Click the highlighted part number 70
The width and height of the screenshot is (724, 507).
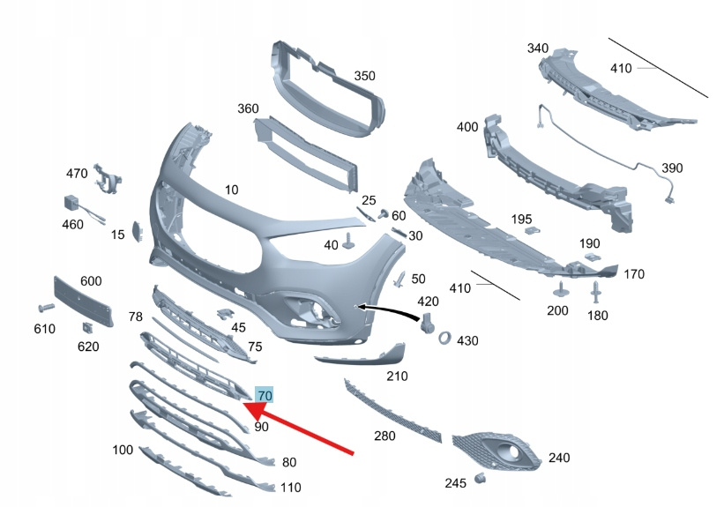pyautogui.click(x=265, y=395)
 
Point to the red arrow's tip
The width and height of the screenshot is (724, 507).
pyautogui.click(x=243, y=404)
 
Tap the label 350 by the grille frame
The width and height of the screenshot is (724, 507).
pyautogui.click(x=365, y=76)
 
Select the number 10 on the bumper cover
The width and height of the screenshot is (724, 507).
pyautogui.click(x=231, y=190)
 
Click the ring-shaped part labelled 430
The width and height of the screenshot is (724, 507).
pyautogui.click(x=445, y=338)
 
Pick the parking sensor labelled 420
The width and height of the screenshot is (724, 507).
pyautogui.click(x=427, y=323)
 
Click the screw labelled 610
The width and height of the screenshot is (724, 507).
pyautogui.click(x=46, y=308)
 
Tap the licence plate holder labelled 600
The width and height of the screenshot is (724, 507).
pyautogui.click(x=83, y=302)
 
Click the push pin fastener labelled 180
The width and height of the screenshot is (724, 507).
pyautogui.click(x=595, y=292)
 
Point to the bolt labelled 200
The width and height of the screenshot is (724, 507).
pyautogui.click(x=561, y=289)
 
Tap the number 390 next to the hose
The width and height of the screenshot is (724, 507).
pyautogui.click(x=672, y=168)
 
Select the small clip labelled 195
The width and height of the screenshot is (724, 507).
pyautogui.click(x=530, y=230)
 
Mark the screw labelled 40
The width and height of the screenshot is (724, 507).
pyautogui.click(x=348, y=242)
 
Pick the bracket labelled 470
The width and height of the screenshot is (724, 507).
pyautogui.click(x=108, y=178)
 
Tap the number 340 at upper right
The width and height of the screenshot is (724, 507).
pyautogui.click(x=538, y=48)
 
